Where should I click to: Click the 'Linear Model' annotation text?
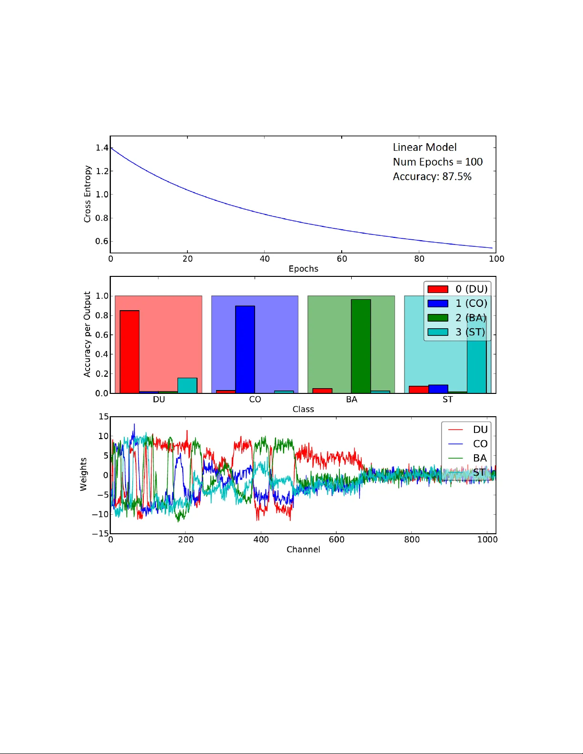tap(425, 147)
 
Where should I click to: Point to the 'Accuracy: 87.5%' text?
tap(432, 176)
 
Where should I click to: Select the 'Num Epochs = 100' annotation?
tap(437, 162)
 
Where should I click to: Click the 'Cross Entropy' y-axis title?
tap(87, 194)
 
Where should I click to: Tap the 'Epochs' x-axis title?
tap(303, 269)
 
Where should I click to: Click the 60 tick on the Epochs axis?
tap(342, 259)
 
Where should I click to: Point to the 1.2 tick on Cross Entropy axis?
tap(102, 171)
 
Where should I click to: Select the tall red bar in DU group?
tap(129, 352)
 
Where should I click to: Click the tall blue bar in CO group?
tap(245, 349)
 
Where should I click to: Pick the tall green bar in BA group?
tap(361, 346)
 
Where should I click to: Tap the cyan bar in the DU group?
tap(187, 385)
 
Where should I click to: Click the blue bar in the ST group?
tap(438, 389)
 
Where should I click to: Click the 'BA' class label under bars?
tap(351, 400)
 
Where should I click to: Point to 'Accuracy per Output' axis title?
tap(87, 334)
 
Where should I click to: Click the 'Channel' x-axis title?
tap(303, 549)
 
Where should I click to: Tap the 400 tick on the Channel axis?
tap(261, 539)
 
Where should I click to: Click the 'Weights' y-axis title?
tap(84, 474)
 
